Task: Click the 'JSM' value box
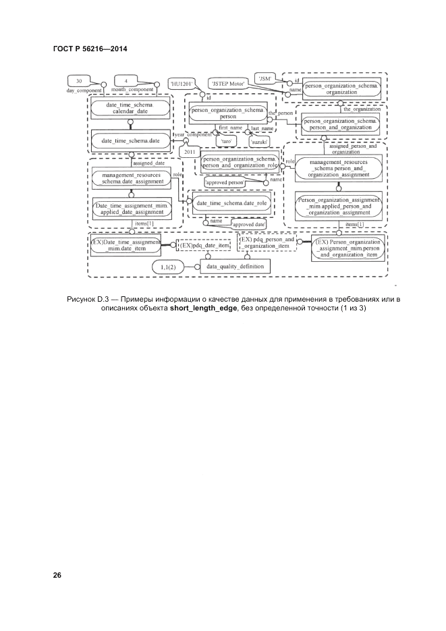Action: click(x=264, y=78)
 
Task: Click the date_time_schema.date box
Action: click(x=130, y=140)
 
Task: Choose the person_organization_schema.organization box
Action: click(x=342, y=88)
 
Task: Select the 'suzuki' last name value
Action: click(x=259, y=142)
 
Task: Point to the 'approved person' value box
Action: click(x=225, y=182)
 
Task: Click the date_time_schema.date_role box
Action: click(x=231, y=202)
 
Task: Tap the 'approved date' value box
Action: click(x=249, y=223)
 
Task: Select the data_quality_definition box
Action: click(x=234, y=267)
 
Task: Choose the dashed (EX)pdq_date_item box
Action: click(x=205, y=245)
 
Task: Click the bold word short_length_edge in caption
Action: click(x=200, y=308)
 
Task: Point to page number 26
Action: click(x=57, y=575)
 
